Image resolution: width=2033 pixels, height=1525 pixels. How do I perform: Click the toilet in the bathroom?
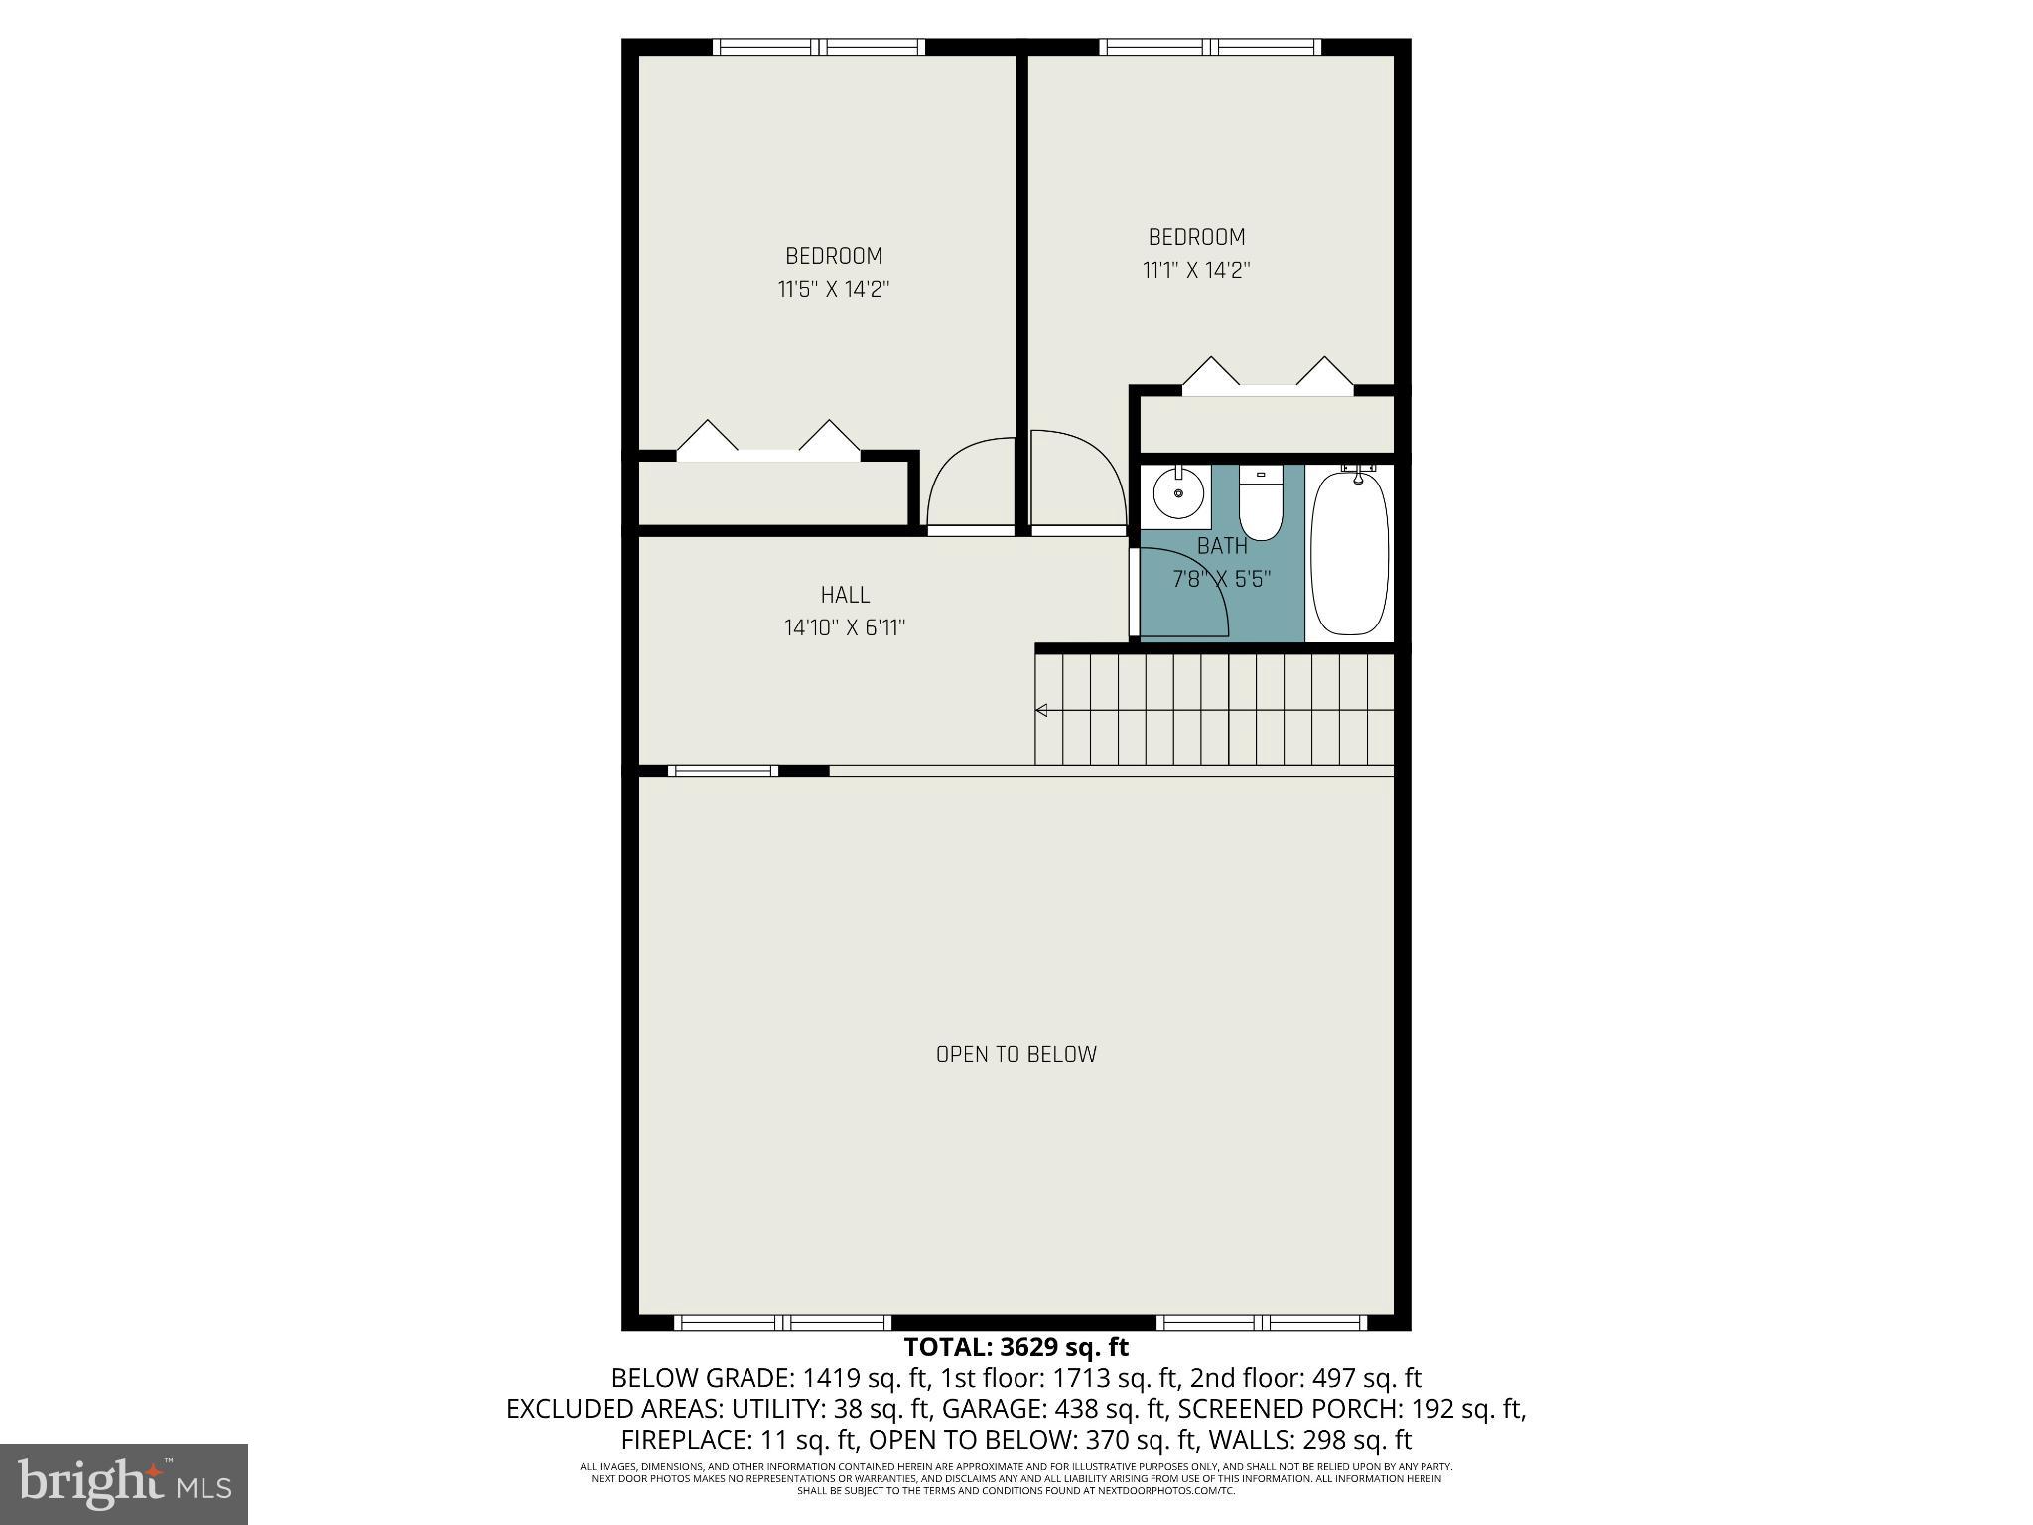pyautogui.click(x=1261, y=503)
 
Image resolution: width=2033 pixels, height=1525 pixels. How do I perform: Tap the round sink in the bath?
pyautogui.click(x=1178, y=492)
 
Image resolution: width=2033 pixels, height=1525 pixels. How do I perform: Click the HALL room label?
pyautogui.click(x=845, y=595)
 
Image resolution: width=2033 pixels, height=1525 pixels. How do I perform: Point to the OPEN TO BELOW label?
pyautogui.click(x=1016, y=1054)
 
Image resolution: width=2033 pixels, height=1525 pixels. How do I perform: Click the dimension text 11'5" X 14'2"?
pyautogui.click(x=833, y=290)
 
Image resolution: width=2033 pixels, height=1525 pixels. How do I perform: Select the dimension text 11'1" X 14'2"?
pyautogui.click(x=1195, y=270)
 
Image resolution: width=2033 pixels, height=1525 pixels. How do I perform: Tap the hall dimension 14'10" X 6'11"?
pyautogui.click(x=845, y=627)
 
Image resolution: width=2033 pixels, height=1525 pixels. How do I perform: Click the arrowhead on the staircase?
pyautogui.click(x=1042, y=710)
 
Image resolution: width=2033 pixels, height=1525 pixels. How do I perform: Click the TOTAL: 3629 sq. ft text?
pyautogui.click(x=1016, y=1347)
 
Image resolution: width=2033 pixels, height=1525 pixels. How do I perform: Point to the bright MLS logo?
pyautogui.click(x=124, y=1483)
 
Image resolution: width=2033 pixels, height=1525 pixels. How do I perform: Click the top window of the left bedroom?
pyautogui.click(x=819, y=47)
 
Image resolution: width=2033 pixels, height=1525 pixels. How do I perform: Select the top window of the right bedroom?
pyautogui.click(x=1209, y=47)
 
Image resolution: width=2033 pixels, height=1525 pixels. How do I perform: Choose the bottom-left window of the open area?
pyautogui.click(x=783, y=1322)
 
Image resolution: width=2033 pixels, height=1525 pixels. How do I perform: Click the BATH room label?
pyautogui.click(x=1221, y=545)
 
